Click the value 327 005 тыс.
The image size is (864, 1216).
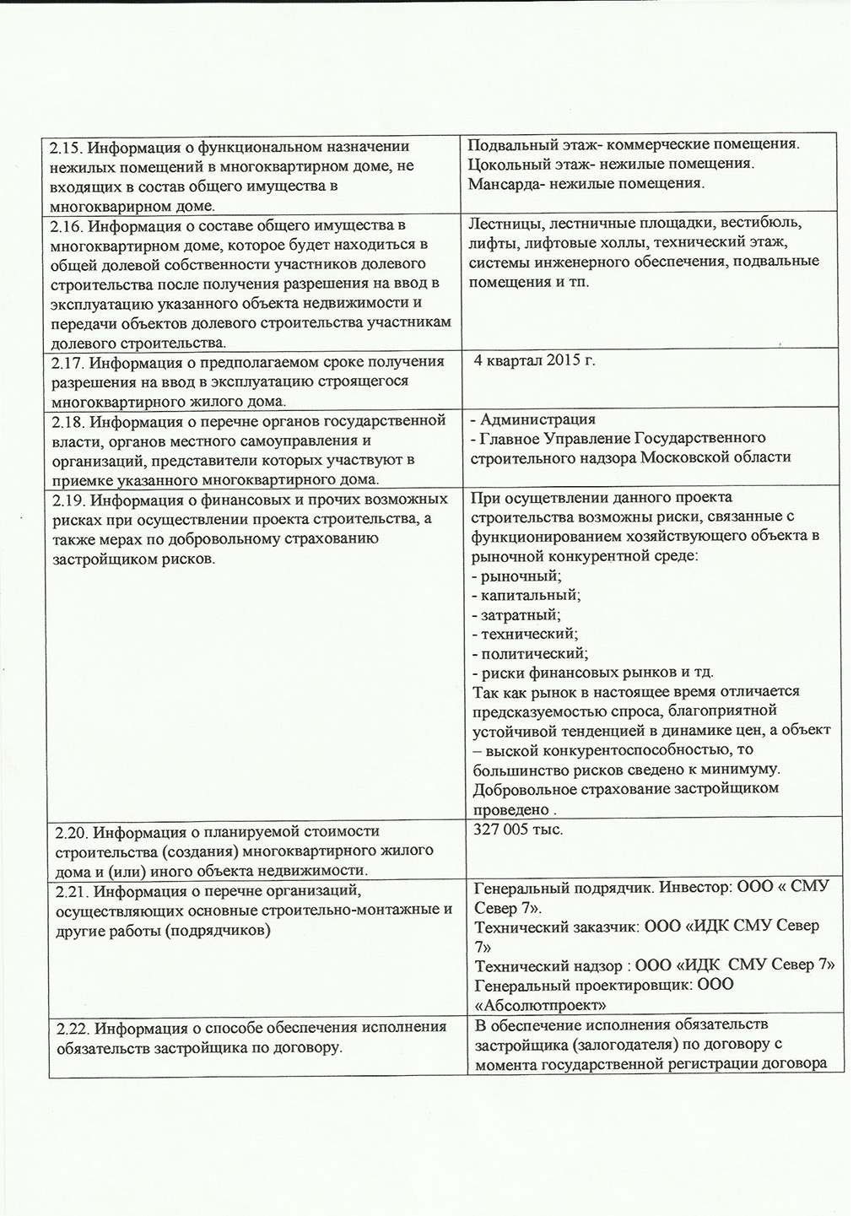click(519, 830)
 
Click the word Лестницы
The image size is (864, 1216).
click(499, 224)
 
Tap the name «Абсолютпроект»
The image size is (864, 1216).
click(541, 1005)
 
